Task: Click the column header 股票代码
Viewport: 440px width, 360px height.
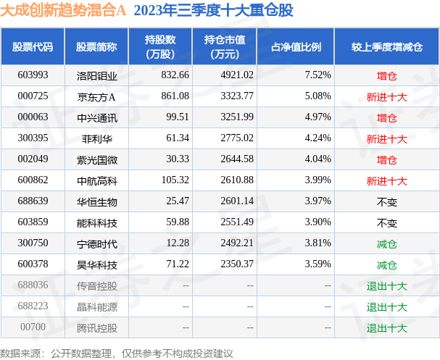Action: point(33,47)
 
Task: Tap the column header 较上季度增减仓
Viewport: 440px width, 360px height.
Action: point(386,47)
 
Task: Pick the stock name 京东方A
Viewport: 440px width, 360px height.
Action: point(96,96)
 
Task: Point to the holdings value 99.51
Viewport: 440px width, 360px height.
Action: point(177,117)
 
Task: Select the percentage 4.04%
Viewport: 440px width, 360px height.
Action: point(318,159)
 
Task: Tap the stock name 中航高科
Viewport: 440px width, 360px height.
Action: point(96,180)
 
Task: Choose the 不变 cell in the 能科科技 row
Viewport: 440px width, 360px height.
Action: point(386,222)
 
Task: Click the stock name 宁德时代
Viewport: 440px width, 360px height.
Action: point(96,243)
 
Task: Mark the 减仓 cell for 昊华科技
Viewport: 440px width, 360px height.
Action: point(386,264)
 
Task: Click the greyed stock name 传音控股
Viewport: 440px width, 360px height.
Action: point(96,285)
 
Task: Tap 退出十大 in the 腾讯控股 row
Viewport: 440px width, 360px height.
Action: point(386,327)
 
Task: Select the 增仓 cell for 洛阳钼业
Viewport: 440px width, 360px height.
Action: point(386,75)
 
